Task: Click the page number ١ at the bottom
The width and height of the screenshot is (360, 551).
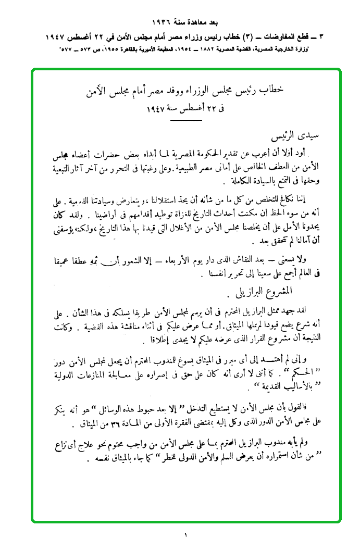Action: tap(185, 535)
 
